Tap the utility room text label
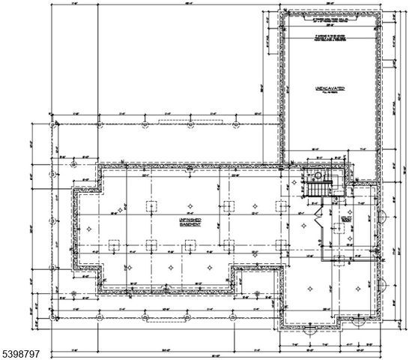(345, 220)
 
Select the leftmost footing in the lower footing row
(115, 244)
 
